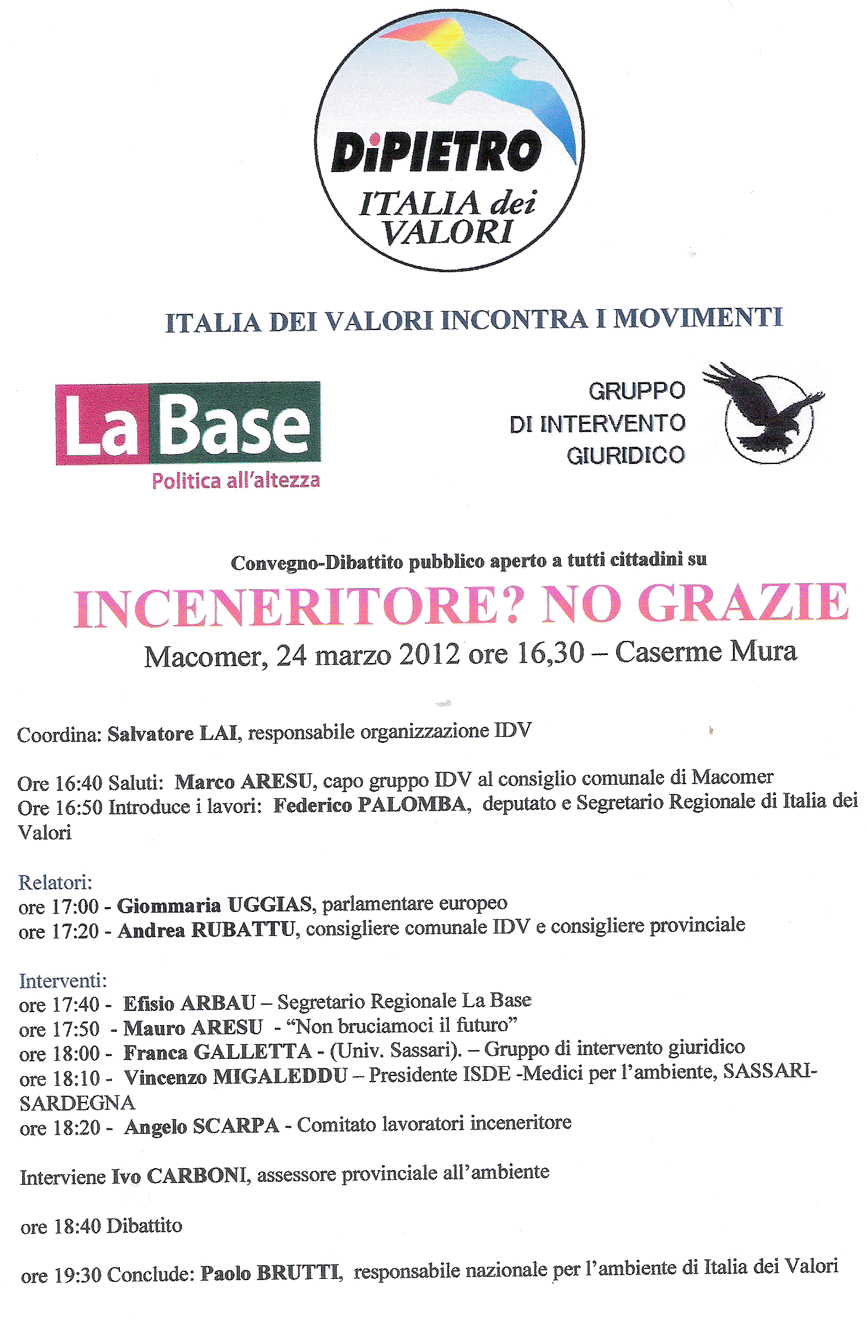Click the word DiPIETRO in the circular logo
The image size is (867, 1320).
coord(437,152)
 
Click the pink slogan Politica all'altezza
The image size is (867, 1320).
coord(236,481)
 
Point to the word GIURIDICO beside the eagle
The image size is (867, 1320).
coord(625,455)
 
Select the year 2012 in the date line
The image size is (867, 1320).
coord(429,654)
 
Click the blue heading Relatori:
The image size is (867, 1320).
coord(55,882)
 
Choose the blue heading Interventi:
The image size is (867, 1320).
coord(63,980)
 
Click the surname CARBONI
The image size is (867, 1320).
coord(197,1176)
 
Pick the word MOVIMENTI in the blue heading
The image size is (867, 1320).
coord(698,318)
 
